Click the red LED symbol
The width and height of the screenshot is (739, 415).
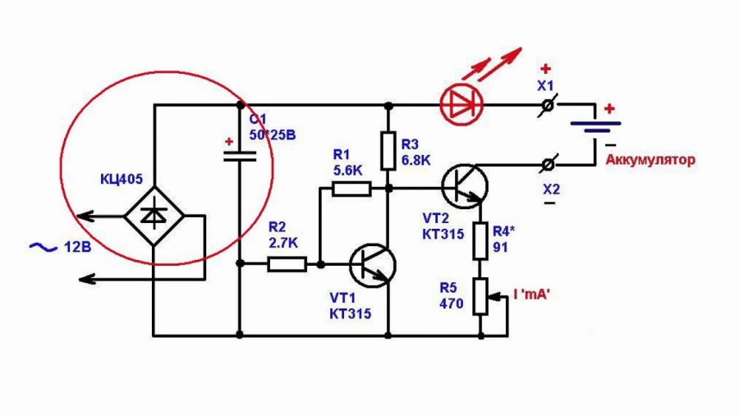[461, 104]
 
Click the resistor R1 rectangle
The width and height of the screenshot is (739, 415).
[351, 189]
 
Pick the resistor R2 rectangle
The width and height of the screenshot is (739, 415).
[287, 264]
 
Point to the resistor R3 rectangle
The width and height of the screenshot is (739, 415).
[388, 151]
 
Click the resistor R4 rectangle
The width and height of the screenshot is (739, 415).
[480, 241]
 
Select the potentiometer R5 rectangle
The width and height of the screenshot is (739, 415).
[480, 296]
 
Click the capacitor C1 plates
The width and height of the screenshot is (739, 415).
[240, 156]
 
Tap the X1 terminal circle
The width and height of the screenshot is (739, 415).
[548, 105]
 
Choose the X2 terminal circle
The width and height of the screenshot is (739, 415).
[548, 165]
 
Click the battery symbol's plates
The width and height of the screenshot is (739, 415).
[595, 127]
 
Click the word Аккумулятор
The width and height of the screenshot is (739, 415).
[650, 159]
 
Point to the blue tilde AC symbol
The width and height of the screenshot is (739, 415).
[43, 247]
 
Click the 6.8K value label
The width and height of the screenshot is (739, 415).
[416, 160]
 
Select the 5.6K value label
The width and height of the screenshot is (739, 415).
[348, 171]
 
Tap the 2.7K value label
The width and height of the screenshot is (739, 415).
[282, 243]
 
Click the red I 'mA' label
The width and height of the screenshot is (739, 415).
[532, 294]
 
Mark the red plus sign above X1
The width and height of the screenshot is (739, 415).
[546, 69]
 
